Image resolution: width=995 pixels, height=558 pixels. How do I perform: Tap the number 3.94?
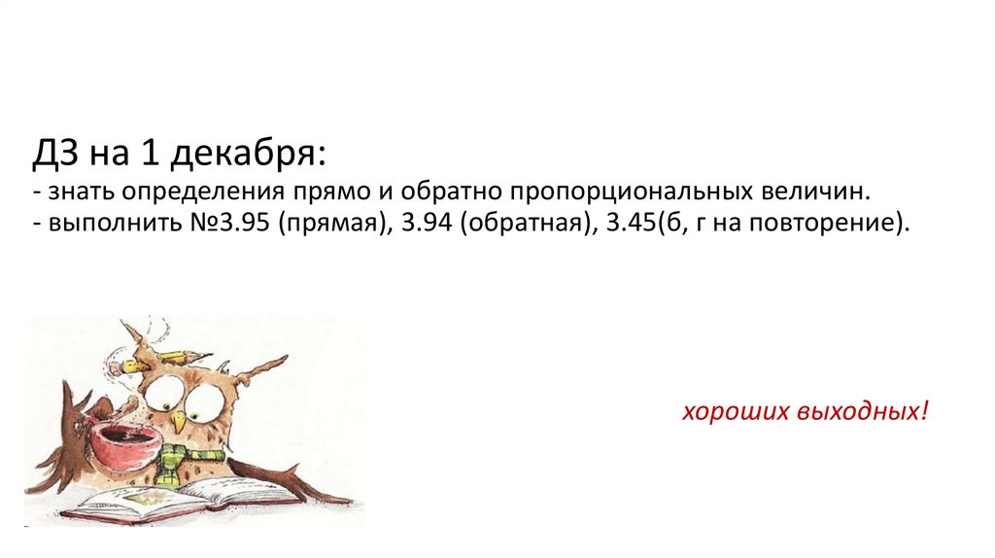pos(421,223)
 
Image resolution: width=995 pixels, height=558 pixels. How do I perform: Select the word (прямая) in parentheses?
pos(330,223)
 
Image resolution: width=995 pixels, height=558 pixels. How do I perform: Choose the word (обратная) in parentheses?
pos(524,223)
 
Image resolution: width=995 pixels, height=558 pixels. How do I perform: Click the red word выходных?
pos(864,411)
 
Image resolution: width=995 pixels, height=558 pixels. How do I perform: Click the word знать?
pos(74,190)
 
